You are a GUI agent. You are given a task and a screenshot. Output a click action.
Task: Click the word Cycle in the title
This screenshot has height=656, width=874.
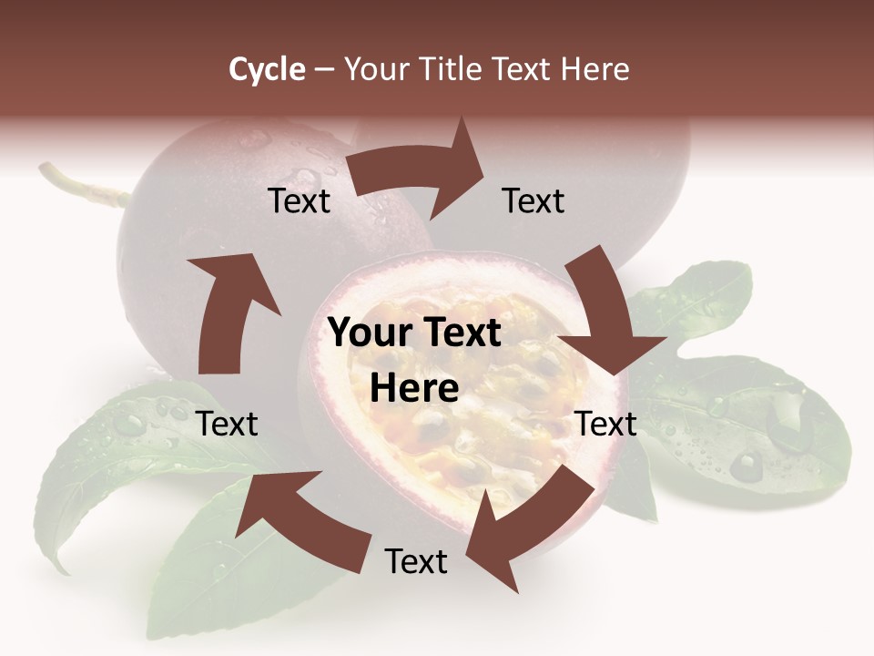pyautogui.click(x=267, y=69)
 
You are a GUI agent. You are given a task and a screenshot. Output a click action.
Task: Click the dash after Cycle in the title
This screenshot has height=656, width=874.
pyautogui.click(x=324, y=69)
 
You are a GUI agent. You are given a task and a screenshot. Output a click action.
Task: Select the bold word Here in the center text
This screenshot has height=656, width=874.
pyautogui.click(x=414, y=388)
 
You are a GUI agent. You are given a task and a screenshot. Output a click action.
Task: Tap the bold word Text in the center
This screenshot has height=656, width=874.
pyautogui.click(x=461, y=333)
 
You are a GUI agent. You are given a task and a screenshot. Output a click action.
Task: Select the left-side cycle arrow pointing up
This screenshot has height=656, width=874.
pyautogui.click(x=228, y=310)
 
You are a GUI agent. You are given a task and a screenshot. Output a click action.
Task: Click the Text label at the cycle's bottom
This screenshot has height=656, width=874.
pyautogui.click(x=416, y=561)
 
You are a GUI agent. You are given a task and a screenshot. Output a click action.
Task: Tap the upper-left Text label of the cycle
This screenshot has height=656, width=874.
pyautogui.click(x=299, y=200)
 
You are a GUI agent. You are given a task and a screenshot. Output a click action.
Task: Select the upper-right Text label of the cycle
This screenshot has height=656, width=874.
pyautogui.click(x=534, y=200)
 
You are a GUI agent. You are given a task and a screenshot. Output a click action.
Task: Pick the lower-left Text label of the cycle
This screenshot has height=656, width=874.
pyautogui.click(x=228, y=424)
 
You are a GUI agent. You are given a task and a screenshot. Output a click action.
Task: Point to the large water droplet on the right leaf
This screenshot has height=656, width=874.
pyautogui.click(x=747, y=466)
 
